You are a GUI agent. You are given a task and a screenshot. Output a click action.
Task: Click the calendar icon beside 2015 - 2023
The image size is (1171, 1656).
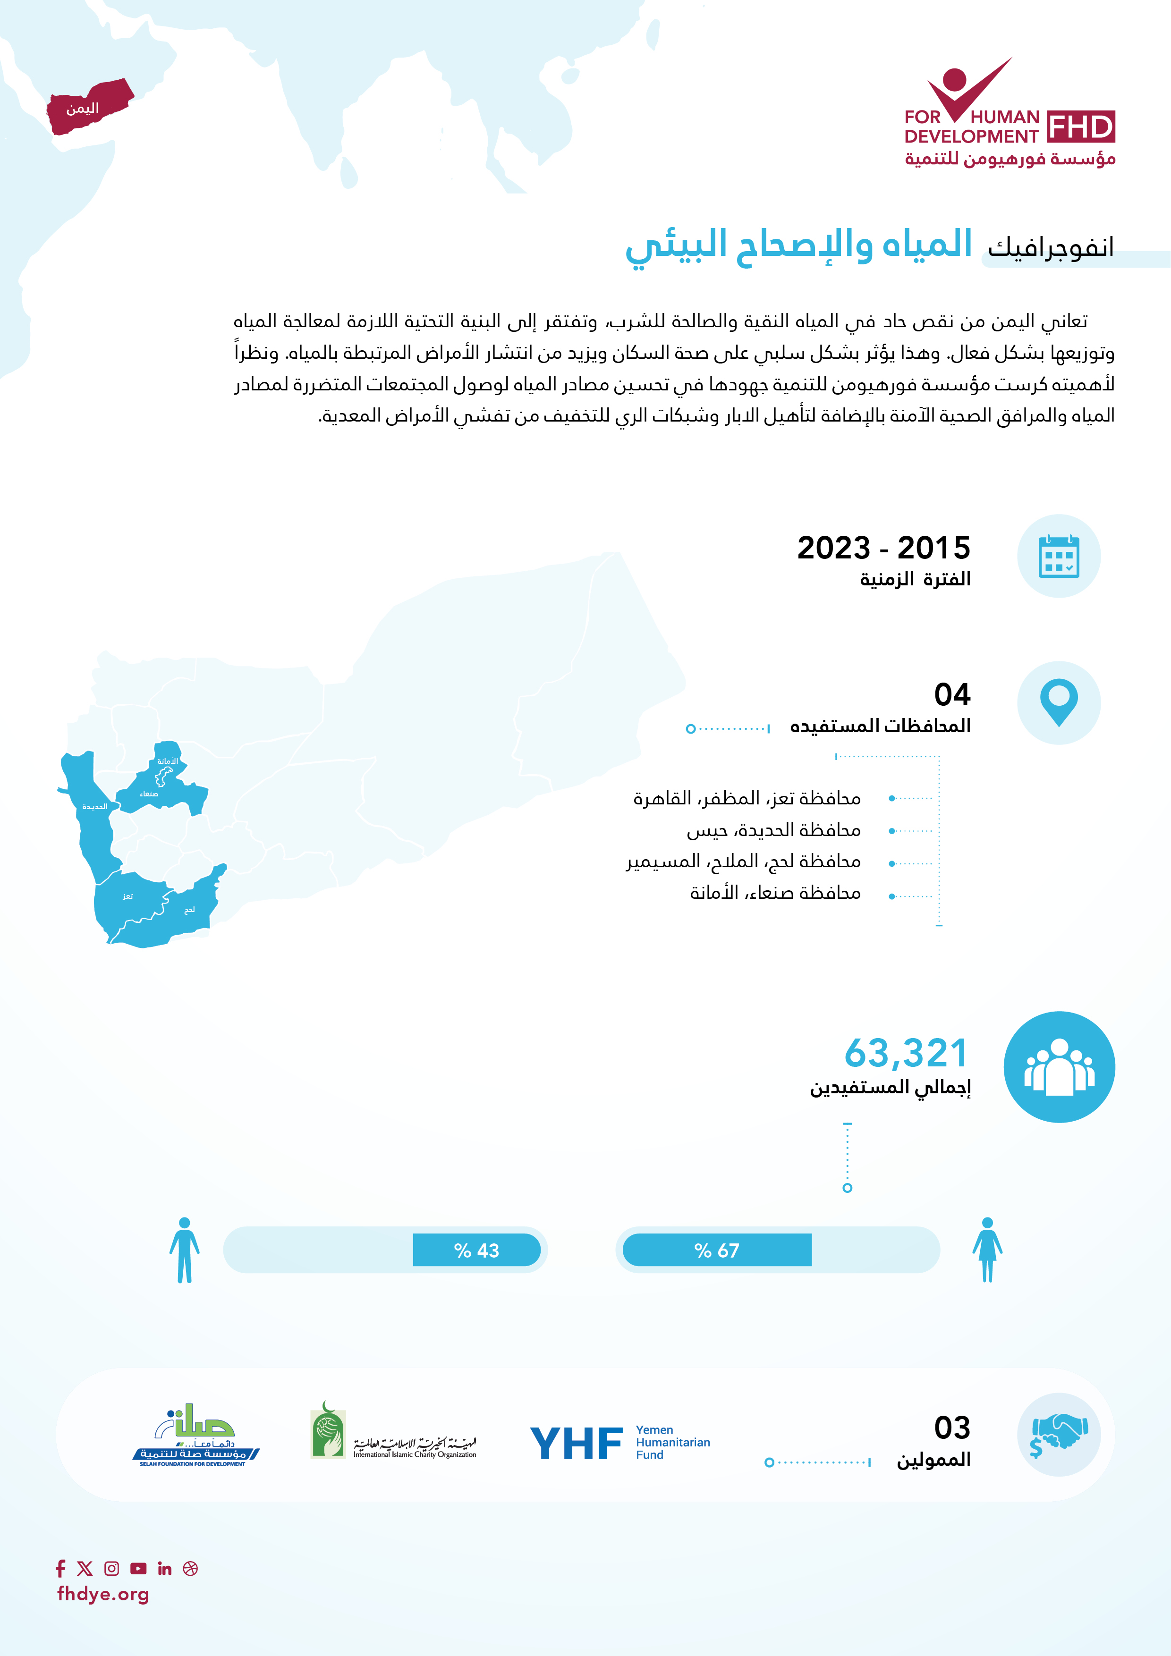point(1059,556)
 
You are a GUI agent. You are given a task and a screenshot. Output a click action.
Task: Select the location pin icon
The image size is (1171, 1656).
point(1059,702)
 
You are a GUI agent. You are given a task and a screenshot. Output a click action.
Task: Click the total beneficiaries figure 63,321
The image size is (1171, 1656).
point(906,1053)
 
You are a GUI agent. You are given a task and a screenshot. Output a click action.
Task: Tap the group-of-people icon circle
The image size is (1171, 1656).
point(1059,1067)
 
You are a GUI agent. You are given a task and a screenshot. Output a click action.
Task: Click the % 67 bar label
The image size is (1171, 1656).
point(716,1250)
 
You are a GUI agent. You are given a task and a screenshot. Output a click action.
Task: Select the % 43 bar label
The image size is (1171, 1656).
point(476,1250)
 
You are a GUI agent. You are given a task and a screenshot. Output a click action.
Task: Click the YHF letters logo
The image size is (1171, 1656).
point(576,1443)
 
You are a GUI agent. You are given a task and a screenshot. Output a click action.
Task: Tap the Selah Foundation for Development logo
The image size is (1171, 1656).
point(195,1435)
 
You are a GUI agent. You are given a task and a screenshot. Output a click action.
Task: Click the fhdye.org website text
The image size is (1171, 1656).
point(103,1594)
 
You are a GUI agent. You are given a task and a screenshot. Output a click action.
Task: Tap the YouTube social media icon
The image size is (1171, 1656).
point(138,1568)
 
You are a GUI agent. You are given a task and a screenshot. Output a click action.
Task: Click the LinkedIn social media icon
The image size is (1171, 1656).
point(164,1568)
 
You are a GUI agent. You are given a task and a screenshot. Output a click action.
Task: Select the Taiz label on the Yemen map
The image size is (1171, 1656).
point(127,896)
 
